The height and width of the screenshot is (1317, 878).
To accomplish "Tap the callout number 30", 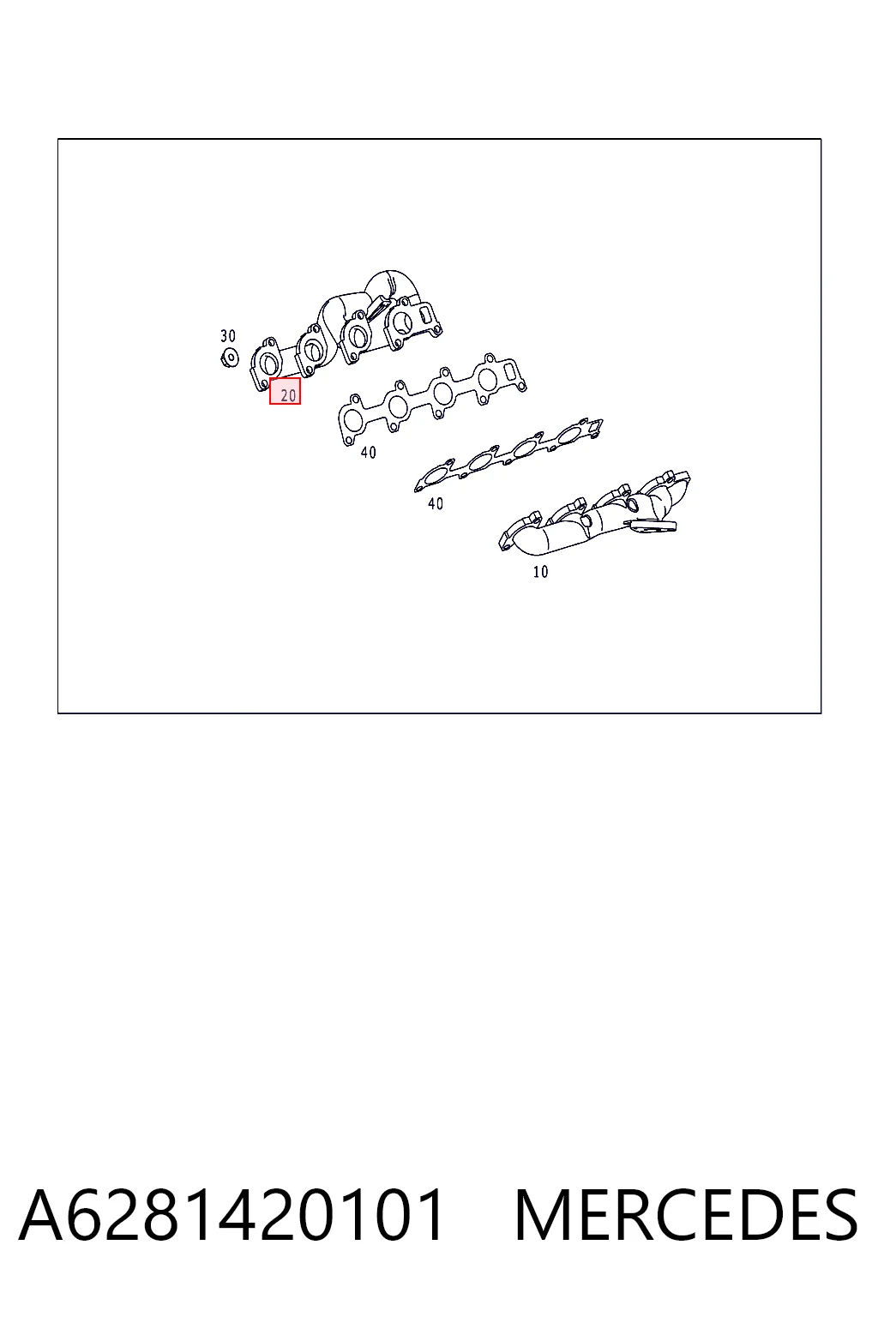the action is pos(227,336).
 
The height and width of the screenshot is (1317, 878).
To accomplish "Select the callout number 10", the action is pos(540,571).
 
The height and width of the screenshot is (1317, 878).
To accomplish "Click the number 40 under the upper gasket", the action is pos(368,452).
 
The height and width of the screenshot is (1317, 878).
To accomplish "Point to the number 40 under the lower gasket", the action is pos(436,503).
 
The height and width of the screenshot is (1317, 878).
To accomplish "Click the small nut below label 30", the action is pos(229,357).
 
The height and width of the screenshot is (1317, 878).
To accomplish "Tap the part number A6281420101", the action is pos(231,1214).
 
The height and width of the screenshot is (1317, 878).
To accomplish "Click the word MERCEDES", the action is pos(686,1214).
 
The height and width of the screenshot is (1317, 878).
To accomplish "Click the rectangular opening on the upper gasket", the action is pos(510,371).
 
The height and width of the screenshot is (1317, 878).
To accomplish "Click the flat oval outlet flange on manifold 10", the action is pos(650,526).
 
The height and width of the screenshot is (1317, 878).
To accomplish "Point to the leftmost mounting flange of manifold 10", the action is pos(511,535).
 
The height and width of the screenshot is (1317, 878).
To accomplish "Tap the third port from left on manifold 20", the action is pos(356,336).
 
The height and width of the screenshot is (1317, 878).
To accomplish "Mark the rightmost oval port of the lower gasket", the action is pos(568,435).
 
